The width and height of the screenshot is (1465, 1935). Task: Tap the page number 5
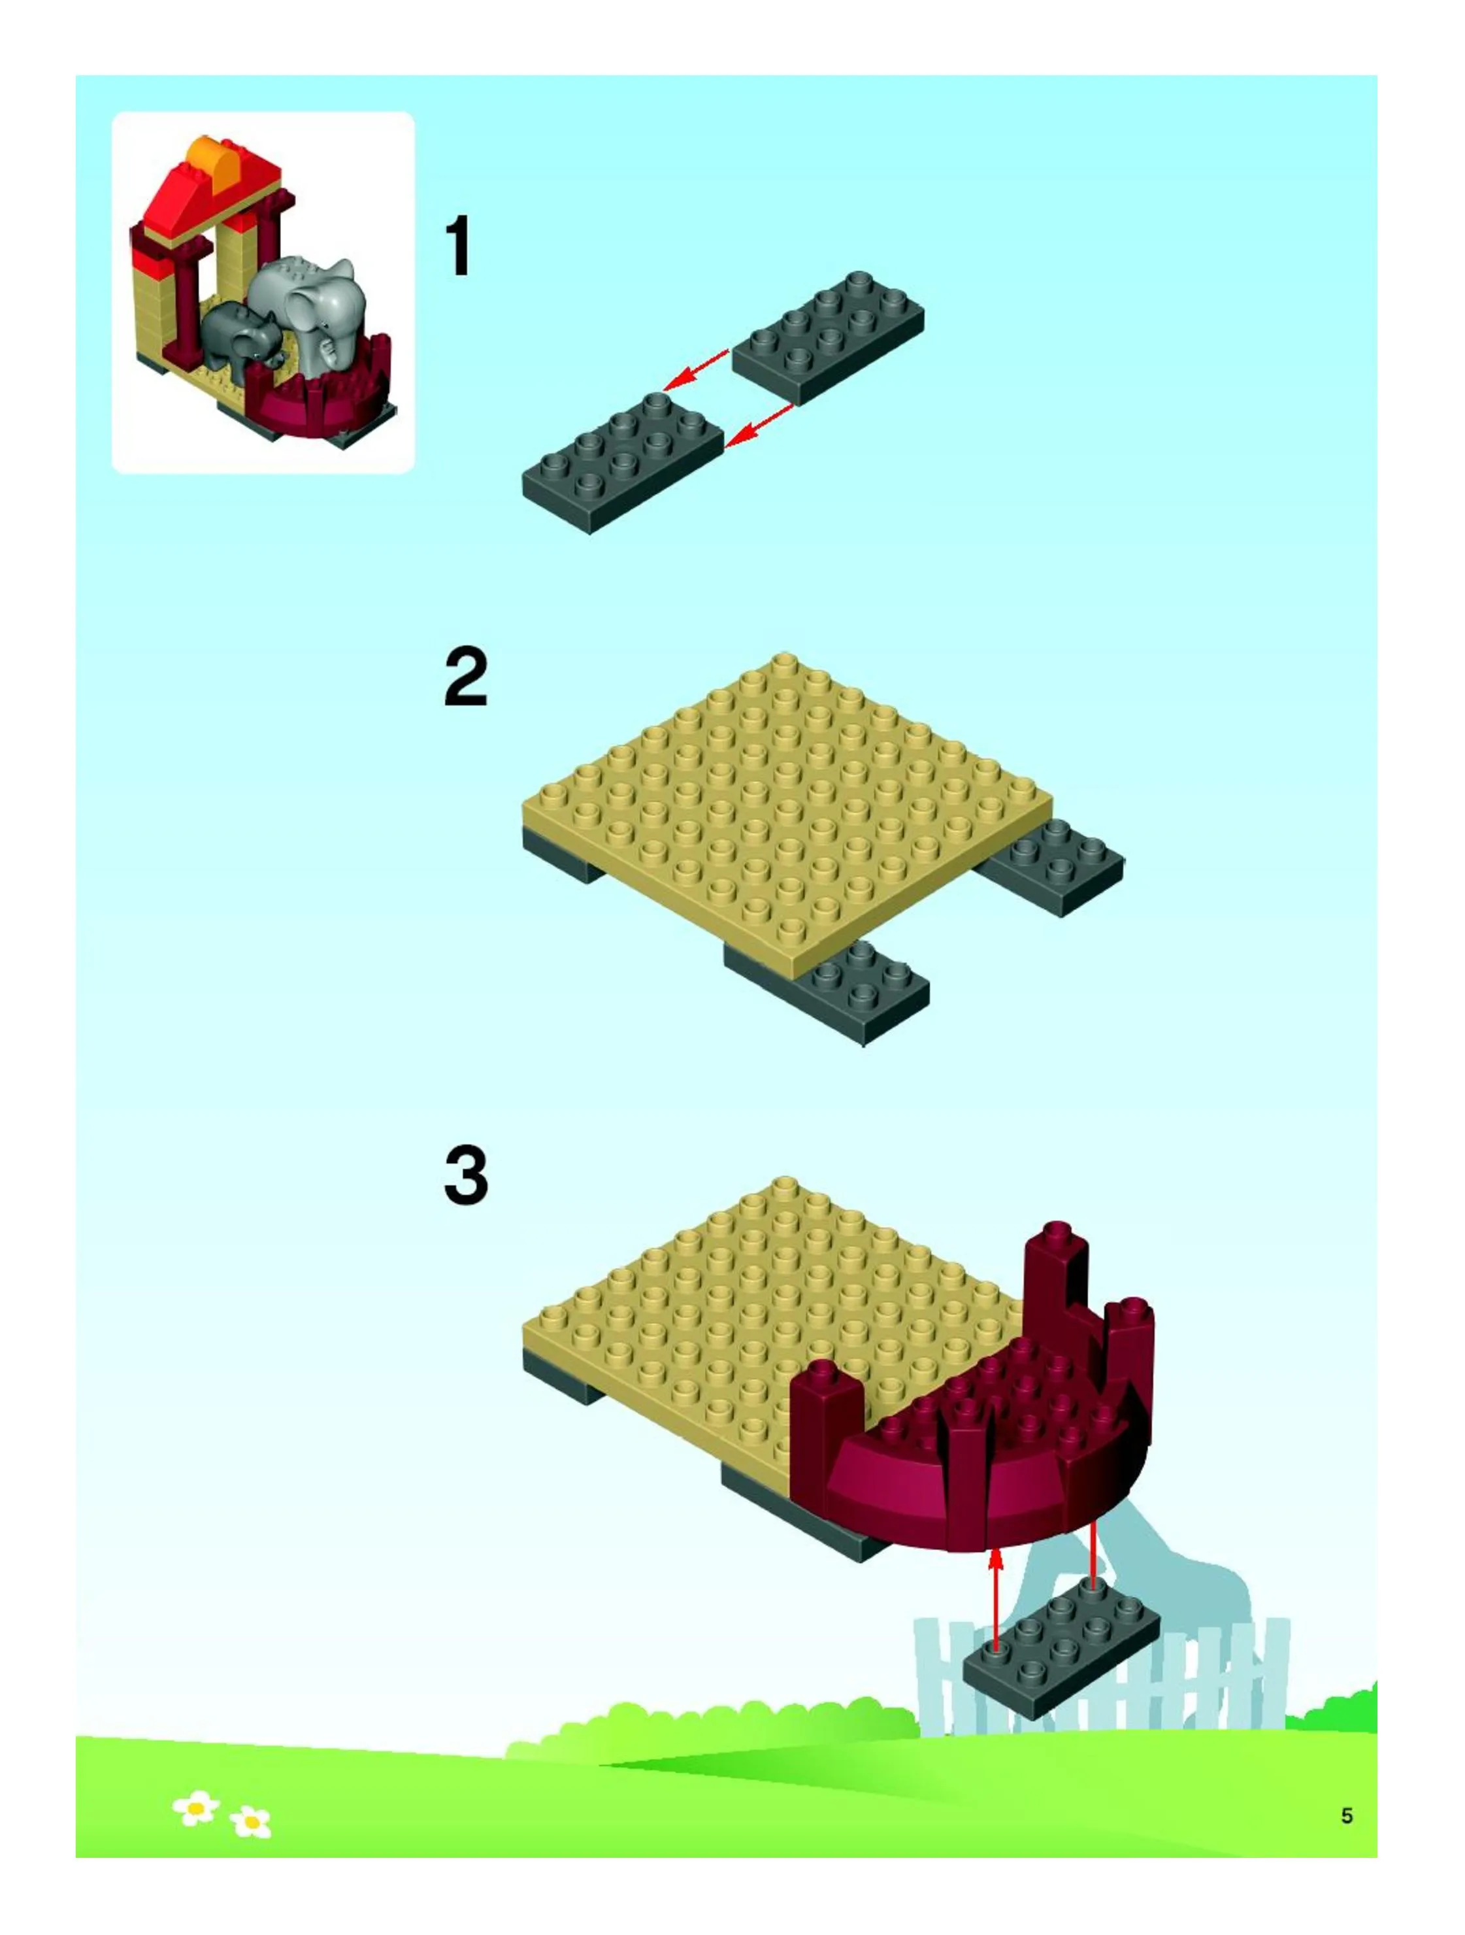click(x=1347, y=1817)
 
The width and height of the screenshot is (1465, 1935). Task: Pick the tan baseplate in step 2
click(x=787, y=818)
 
